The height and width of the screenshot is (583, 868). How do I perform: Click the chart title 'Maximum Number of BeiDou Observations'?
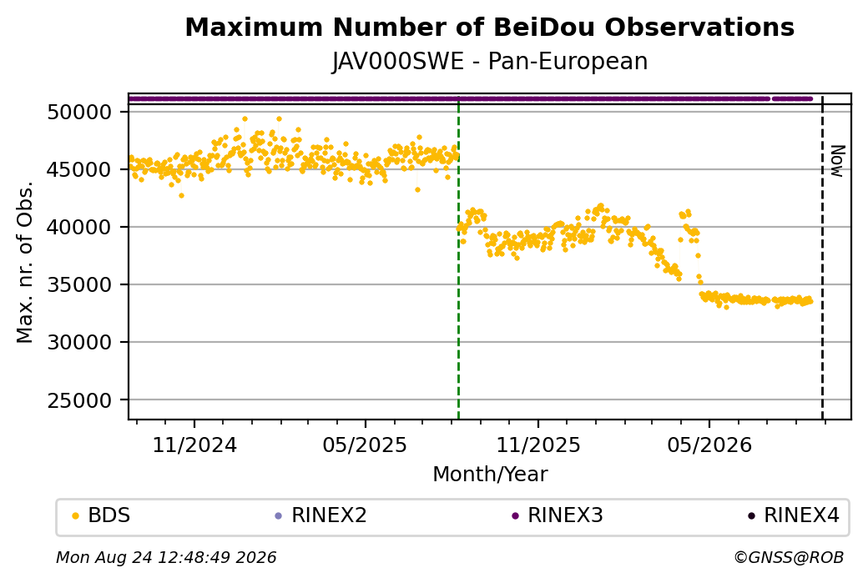pos(489,27)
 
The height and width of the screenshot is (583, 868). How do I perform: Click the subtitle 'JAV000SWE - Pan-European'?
pos(489,61)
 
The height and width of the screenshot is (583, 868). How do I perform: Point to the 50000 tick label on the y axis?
pos(79,113)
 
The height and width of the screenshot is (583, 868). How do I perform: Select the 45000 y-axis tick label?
pos(79,170)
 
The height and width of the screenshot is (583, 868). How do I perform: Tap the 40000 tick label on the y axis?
pos(79,228)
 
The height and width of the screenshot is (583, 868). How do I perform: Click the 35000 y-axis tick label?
pos(79,285)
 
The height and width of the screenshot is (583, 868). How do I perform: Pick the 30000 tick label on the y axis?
pos(79,343)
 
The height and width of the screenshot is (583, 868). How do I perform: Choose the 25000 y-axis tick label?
pos(79,400)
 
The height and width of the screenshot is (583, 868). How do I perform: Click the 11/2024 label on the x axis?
pos(194,445)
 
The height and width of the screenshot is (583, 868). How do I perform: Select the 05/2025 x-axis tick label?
pos(365,445)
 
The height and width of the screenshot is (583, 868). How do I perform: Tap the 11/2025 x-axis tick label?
pos(538,445)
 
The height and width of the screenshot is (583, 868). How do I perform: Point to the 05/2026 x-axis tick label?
pos(709,445)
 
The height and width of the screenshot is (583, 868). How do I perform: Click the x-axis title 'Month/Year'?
pos(490,474)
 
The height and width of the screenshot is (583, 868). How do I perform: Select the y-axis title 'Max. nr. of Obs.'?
pos(25,262)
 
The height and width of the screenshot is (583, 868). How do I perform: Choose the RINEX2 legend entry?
pos(321,515)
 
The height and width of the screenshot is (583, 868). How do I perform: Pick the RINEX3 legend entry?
pos(558,515)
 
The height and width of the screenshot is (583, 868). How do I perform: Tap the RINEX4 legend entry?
pos(794,515)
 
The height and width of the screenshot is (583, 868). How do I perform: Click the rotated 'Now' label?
pos(838,161)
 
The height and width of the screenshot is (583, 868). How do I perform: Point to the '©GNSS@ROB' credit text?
pos(789,557)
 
